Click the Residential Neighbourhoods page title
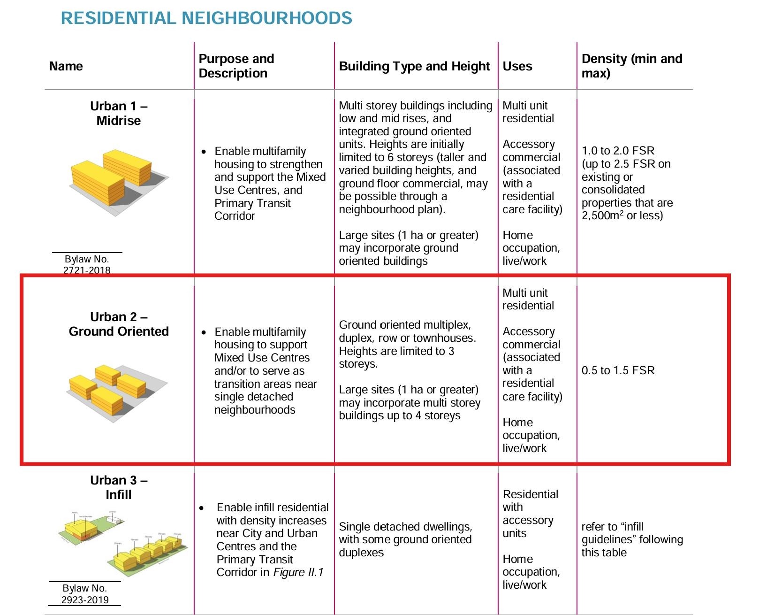click(x=206, y=18)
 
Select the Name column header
click(x=66, y=66)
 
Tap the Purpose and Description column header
click(x=236, y=66)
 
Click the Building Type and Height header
click(x=414, y=66)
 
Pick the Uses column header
click(x=517, y=66)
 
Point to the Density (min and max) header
click(x=631, y=66)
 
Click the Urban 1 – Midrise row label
click(x=119, y=114)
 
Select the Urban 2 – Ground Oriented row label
click(x=119, y=324)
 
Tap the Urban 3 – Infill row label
click(x=119, y=487)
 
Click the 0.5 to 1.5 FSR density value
click(x=618, y=370)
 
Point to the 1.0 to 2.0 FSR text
click(x=618, y=151)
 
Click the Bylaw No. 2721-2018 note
click(x=87, y=264)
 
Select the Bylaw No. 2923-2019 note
click(x=85, y=594)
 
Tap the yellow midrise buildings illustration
click(x=117, y=181)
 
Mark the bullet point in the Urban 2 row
click(x=204, y=332)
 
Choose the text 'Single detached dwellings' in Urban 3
click(x=405, y=527)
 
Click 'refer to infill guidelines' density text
click(x=632, y=539)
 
